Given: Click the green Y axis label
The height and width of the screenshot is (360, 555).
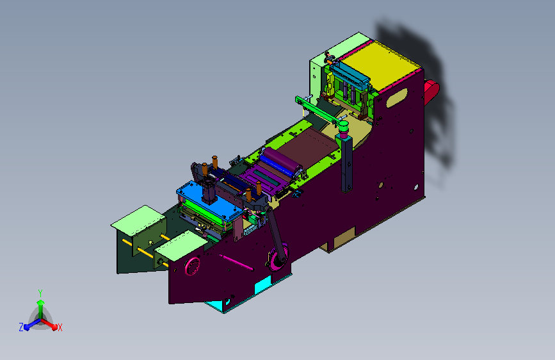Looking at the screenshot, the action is pos(40,293).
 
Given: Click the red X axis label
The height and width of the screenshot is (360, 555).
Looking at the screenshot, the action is pos(60,327).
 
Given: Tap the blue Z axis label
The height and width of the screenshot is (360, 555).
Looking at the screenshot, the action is pos(21,327).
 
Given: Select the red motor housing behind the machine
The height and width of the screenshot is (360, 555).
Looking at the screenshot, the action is pos(431,92).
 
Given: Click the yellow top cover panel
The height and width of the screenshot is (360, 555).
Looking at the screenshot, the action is pos(381,65).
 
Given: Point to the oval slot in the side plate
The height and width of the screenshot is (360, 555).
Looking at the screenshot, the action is pos(396,98).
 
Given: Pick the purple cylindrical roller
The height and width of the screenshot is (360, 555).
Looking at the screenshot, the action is pos(282,161).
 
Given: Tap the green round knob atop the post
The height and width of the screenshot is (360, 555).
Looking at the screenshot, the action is pos(343,126).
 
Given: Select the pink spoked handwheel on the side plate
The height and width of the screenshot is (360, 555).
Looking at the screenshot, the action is pos(192,266).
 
